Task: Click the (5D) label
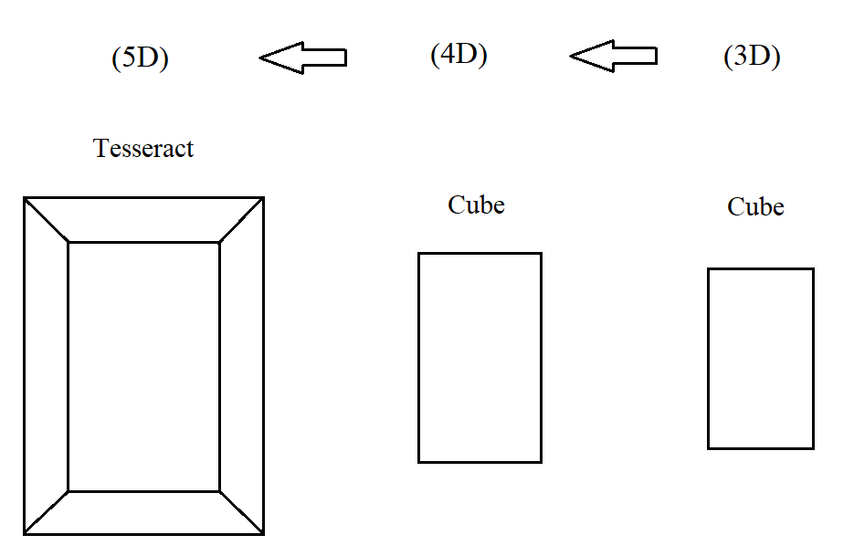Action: pyautogui.click(x=140, y=58)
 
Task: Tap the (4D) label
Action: pyautogui.click(x=459, y=55)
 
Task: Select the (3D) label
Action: pyautogui.click(x=752, y=57)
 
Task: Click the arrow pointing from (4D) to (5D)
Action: pyautogui.click(x=302, y=58)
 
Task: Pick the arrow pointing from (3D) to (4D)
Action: pyautogui.click(x=613, y=57)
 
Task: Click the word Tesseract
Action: pyautogui.click(x=143, y=148)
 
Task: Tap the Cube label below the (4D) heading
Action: pyautogui.click(x=476, y=205)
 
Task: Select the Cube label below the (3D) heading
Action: pyautogui.click(x=755, y=207)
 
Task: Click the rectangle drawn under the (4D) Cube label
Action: pyautogui.click(x=480, y=357)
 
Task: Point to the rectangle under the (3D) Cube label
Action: pyautogui.click(x=760, y=358)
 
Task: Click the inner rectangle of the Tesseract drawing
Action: pyautogui.click(x=143, y=366)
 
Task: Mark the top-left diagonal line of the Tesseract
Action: pyautogui.click(x=47, y=220)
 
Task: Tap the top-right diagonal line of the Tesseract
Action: pyautogui.click(x=241, y=220)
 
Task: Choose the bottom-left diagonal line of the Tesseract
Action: pyautogui.click(x=47, y=512)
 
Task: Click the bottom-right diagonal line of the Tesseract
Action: pyautogui.click(x=241, y=512)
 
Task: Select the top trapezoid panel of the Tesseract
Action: pyautogui.click(x=143, y=220)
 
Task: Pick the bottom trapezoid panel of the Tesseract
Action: pyautogui.click(x=143, y=512)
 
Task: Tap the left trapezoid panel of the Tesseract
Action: pyautogui.click(x=46, y=366)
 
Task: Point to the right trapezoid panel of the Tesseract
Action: pyautogui.click(x=241, y=366)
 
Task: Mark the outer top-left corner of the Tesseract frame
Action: pyautogui.click(x=25, y=198)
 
